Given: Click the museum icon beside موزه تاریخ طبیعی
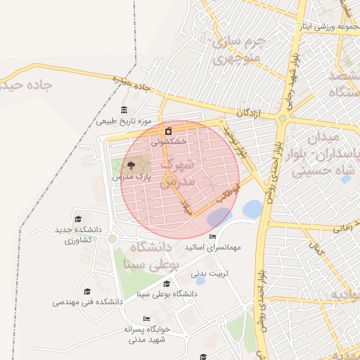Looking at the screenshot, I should pyautogui.click(x=124, y=110).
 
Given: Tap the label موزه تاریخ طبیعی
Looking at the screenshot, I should pyautogui.click(x=124, y=122).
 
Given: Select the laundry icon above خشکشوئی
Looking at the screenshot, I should pyautogui.click(x=168, y=131).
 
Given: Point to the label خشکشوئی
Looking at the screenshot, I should pyautogui.click(x=169, y=141).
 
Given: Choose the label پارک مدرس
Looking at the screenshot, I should pyautogui.click(x=131, y=178).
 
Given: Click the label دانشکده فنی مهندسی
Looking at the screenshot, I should pyautogui.click(x=88, y=302).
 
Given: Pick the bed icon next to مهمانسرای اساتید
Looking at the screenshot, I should pyautogui.click(x=213, y=237).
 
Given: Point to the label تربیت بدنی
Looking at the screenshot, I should pyautogui.click(x=210, y=272).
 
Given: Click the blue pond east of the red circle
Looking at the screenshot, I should pyautogui.click(x=252, y=209).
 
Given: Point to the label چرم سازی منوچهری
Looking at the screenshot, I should pyautogui.click(x=238, y=49).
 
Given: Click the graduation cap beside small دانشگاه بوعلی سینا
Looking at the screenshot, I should pyautogui.click(x=167, y=283).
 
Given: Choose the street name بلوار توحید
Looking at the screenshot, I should pyautogui.click(x=236, y=140).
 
